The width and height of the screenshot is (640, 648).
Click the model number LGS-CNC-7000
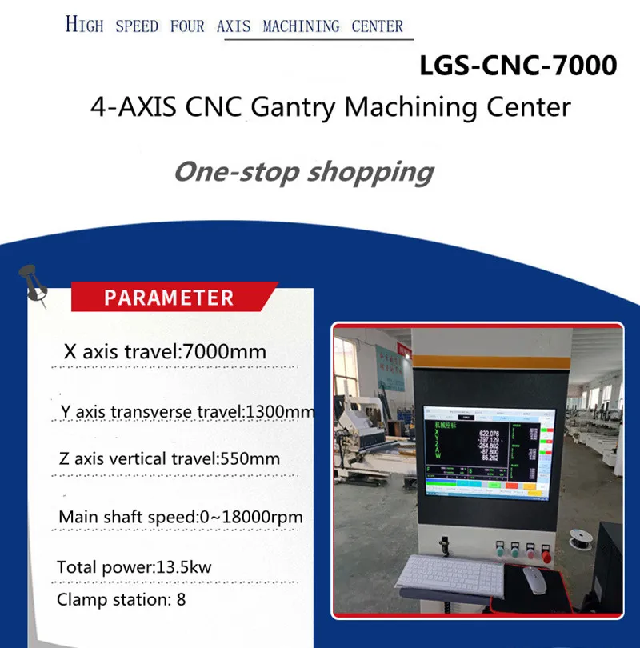[x=518, y=66]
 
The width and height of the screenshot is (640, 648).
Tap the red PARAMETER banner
[x=170, y=298]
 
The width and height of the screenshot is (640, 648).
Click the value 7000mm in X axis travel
[x=225, y=352]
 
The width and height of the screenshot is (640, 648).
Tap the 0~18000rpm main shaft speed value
[x=250, y=517]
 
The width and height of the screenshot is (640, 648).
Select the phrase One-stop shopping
[x=304, y=171]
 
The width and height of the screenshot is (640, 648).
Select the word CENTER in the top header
[x=378, y=26]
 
